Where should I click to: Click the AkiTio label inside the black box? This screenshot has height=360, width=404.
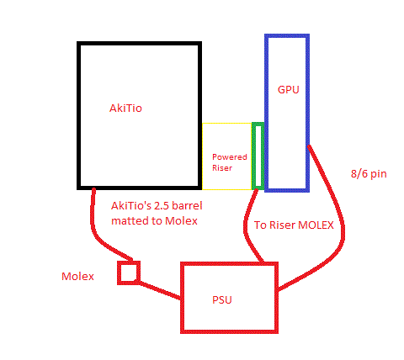125,109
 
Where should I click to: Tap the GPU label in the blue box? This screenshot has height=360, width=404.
289,90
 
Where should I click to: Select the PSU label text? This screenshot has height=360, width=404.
222,300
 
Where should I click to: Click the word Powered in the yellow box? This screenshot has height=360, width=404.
230,156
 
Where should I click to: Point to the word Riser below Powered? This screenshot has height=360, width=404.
222,168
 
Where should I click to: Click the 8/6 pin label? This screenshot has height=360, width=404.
369,174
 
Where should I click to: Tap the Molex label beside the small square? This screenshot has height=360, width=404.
77,277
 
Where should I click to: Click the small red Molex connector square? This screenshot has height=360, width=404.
129,273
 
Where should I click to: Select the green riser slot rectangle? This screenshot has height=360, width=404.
258,156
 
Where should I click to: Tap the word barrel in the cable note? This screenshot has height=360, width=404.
187,206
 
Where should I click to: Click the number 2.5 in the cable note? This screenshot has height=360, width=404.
161,206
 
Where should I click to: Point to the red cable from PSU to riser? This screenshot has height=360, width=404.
247,225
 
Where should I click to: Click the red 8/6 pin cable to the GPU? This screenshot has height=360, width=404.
342,225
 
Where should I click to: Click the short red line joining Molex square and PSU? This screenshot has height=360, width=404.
160,290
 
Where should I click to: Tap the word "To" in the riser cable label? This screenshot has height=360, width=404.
259,225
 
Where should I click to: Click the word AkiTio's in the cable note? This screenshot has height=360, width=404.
130,206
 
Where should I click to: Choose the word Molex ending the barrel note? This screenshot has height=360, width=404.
181,221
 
